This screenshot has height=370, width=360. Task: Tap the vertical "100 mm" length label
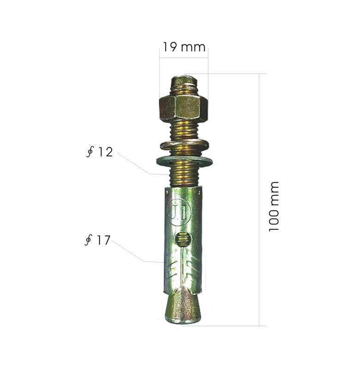pos(274,206)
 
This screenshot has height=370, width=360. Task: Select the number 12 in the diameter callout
pos(105,152)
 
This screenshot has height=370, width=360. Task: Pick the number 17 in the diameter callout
pos(103,240)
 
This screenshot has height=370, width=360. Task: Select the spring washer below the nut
pos(184,146)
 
